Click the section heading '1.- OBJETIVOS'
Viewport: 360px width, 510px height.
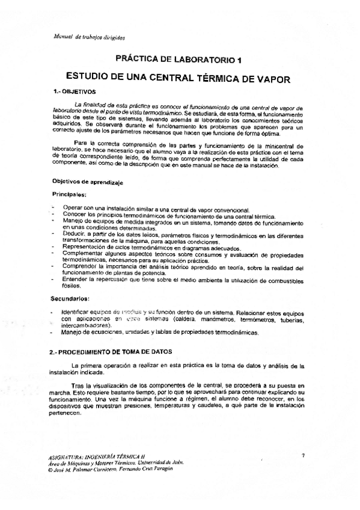pyautogui.click(x=72, y=92)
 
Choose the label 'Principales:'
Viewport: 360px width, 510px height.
pyautogui.click(x=69, y=194)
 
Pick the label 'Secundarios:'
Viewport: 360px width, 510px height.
pyautogui.click(x=71, y=298)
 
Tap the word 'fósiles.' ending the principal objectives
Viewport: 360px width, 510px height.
pyautogui.click(x=70, y=286)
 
